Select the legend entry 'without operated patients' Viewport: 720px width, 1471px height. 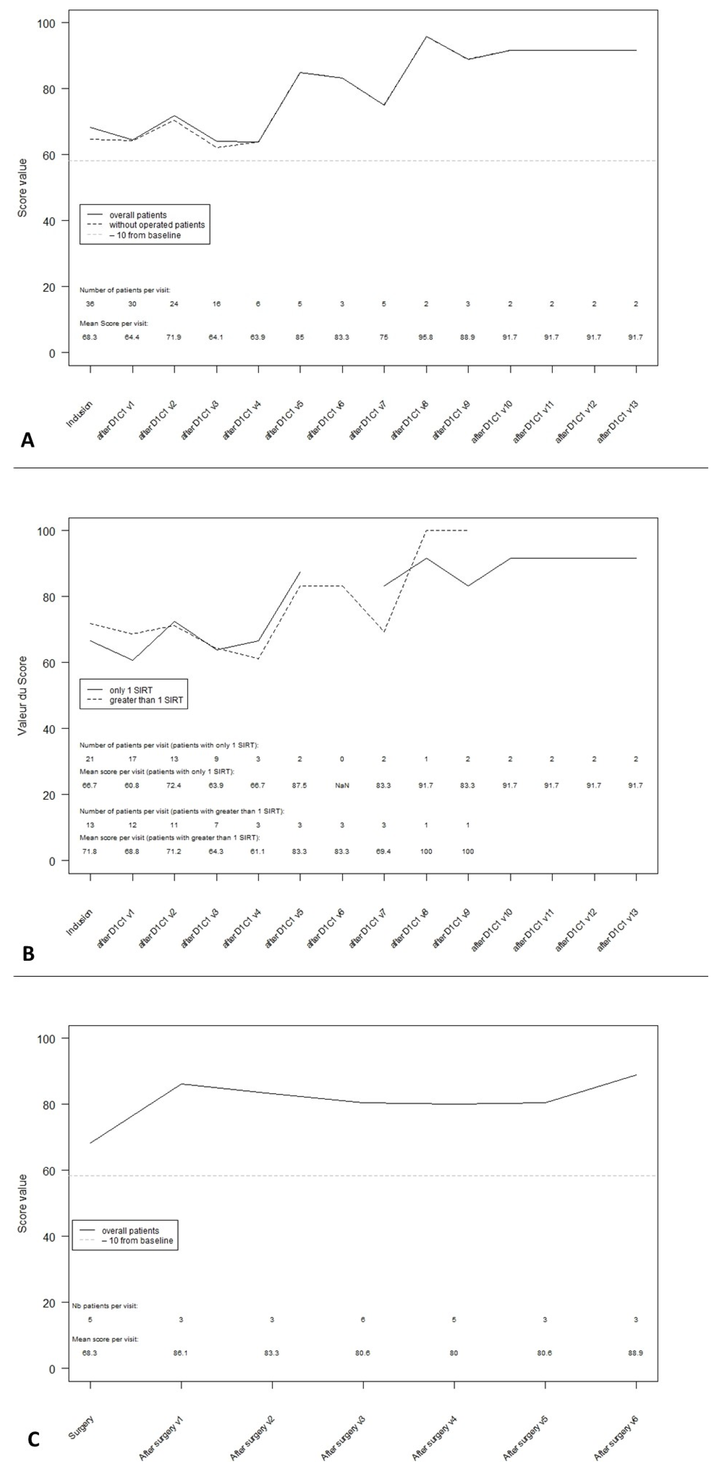click(157, 225)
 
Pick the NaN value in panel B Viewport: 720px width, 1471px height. click(342, 786)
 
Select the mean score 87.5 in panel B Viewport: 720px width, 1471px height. click(300, 786)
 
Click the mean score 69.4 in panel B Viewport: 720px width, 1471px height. click(384, 851)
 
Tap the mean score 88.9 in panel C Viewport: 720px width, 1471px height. click(636, 1353)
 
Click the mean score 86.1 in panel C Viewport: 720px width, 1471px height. click(181, 1353)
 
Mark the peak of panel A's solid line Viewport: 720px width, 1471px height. click(426, 37)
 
